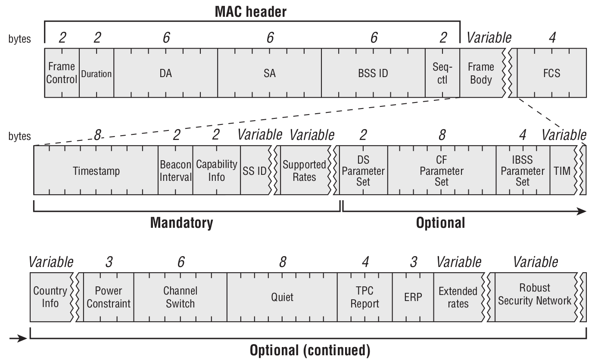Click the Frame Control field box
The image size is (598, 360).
click(62, 73)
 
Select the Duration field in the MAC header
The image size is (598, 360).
click(97, 73)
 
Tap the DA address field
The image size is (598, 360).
click(165, 73)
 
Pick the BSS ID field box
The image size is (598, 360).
click(373, 73)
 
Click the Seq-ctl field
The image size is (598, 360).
click(442, 73)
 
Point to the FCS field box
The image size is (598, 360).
click(551, 73)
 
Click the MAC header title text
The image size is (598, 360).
click(251, 12)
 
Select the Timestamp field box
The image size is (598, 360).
click(96, 171)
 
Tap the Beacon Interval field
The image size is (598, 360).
click(175, 171)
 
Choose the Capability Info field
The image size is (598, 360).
click(217, 171)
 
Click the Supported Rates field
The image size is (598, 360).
click(304, 171)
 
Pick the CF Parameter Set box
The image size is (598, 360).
click(442, 171)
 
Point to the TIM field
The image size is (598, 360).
click(562, 171)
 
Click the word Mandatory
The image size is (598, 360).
click(181, 223)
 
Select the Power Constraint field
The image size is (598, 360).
click(109, 297)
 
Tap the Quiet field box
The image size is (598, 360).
click(282, 297)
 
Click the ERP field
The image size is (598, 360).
click(413, 297)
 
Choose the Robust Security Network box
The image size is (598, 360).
click(535, 295)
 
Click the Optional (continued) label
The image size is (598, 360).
click(310, 350)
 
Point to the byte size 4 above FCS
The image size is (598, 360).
click(552, 38)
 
